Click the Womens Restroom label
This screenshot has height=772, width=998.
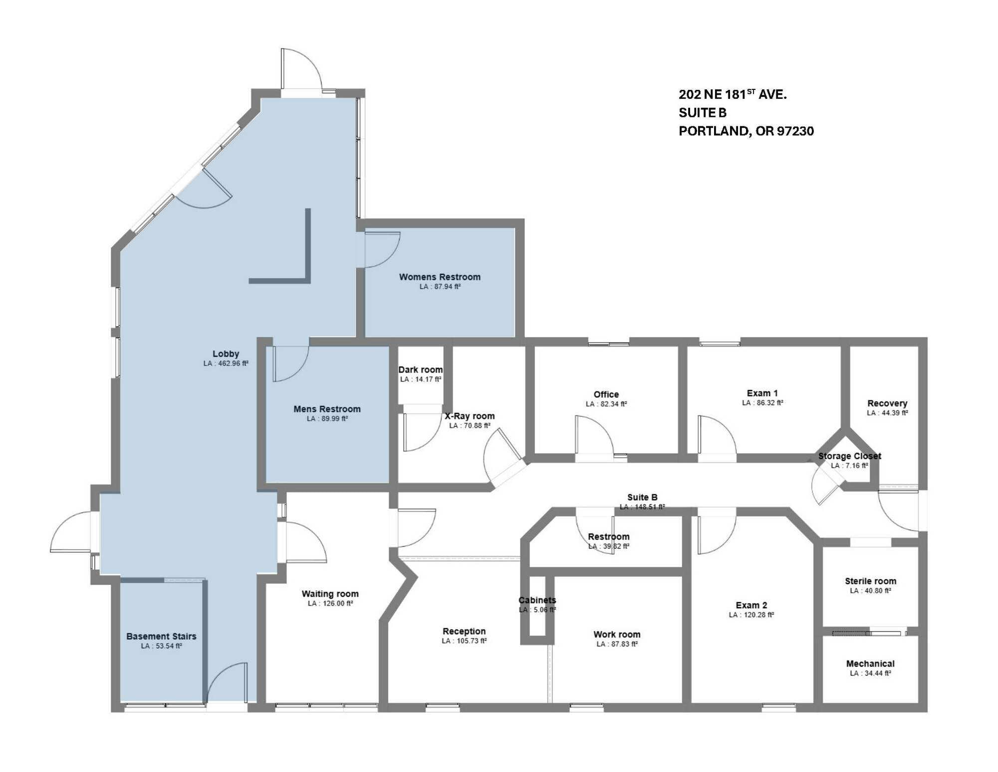tap(440, 277)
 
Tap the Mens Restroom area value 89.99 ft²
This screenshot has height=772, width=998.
tap(327, 419)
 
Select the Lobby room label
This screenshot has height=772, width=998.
tap(226, 354)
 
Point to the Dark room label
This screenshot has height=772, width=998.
tap(420, 370)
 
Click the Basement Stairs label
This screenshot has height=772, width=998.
tap(161, 637)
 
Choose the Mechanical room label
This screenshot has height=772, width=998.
tap(870, 664)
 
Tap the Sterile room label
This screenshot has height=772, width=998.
tap(870, 581)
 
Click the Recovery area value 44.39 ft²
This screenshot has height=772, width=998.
tap(887, 413)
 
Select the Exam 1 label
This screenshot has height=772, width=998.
tap(762, 393)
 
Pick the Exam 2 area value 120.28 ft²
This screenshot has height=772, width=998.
tap(751, 615)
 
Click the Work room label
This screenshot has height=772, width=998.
tap(617, 635)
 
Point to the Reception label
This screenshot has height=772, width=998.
tap(464, 632)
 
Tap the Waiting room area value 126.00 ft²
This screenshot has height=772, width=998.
tap(330, 604)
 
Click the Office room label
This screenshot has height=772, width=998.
tap(606, 394)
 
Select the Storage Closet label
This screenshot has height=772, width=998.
tap(849, 456)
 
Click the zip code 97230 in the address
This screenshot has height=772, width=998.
tap(795, 131)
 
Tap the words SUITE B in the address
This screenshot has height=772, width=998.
tap(703, 113)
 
